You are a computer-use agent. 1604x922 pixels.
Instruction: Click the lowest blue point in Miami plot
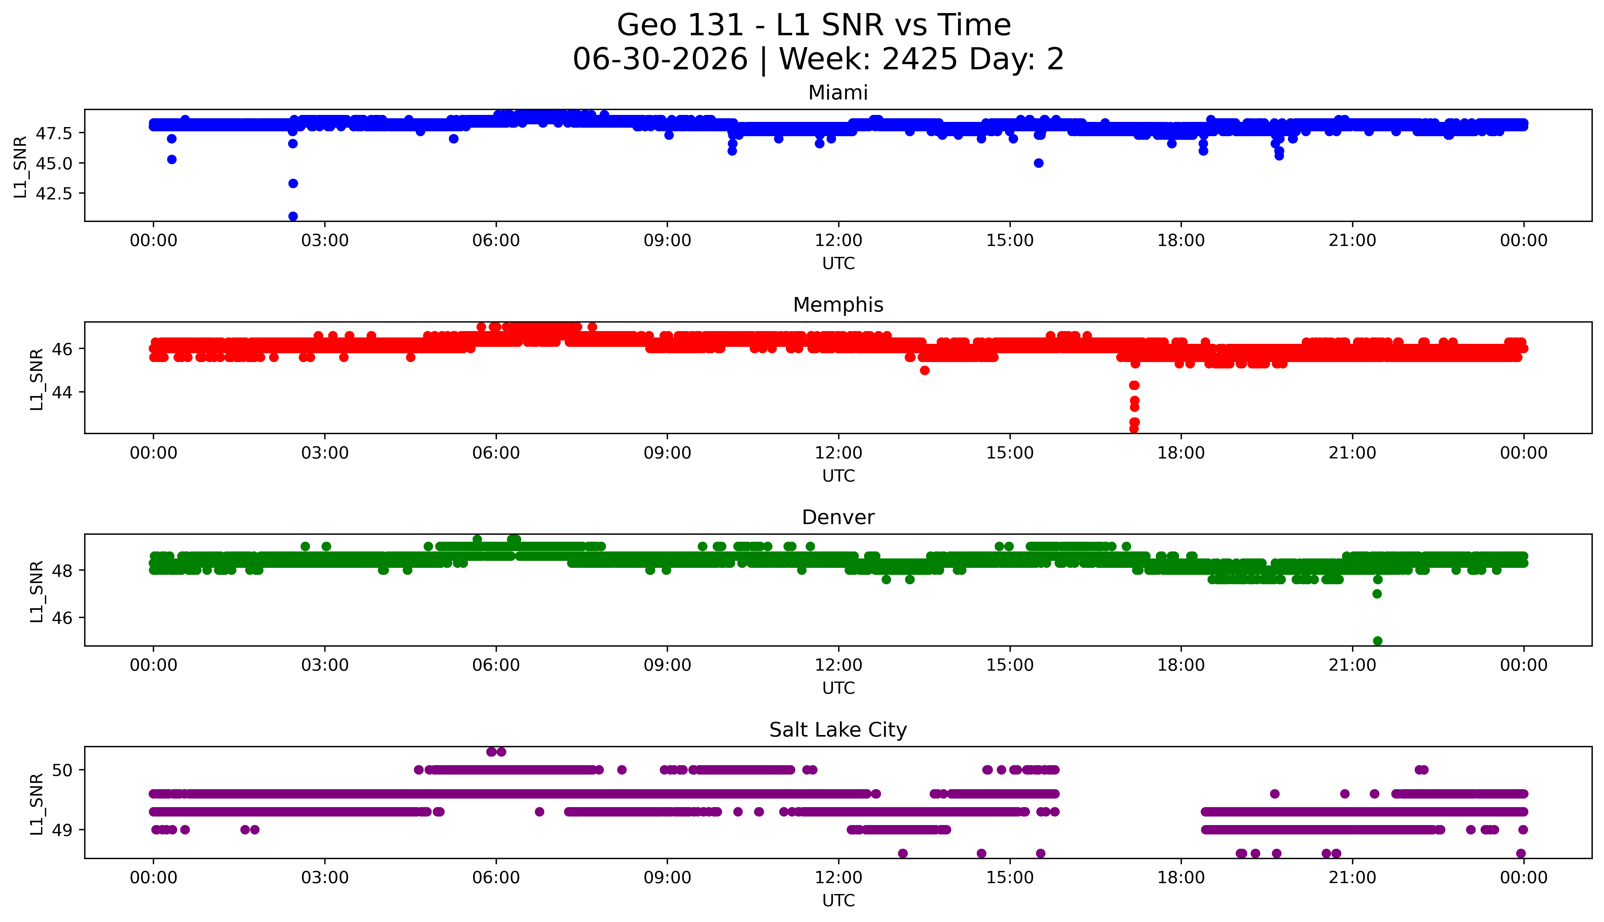293,216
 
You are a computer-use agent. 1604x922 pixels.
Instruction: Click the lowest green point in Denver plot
1377,641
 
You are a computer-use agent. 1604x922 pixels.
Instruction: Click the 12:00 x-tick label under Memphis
839,453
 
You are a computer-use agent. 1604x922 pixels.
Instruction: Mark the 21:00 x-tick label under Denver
1353,665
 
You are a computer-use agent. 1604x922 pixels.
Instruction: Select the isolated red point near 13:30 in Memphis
925,371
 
